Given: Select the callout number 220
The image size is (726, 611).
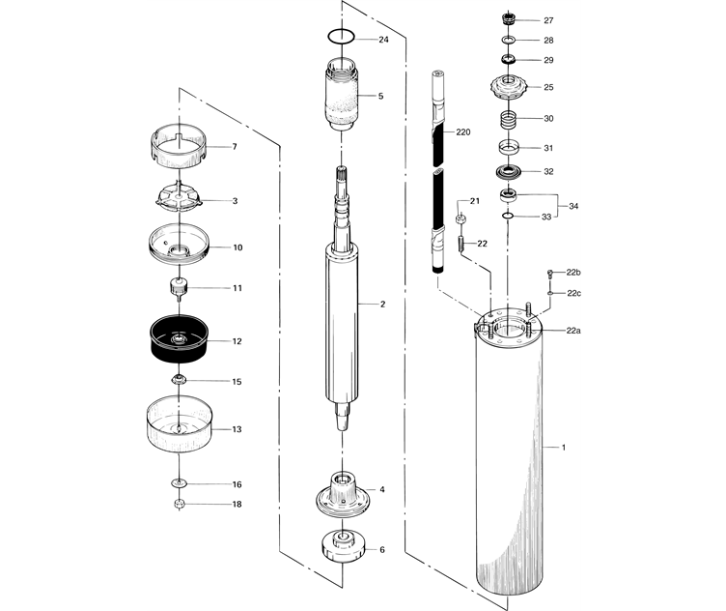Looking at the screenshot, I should coord(463,131).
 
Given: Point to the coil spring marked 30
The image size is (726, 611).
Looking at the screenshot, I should coord(509,121).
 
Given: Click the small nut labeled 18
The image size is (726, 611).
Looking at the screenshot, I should coord(178,504).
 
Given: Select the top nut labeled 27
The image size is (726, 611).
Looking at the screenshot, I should coord(509,19).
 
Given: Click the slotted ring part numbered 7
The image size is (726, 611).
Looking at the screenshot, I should coord(181,147).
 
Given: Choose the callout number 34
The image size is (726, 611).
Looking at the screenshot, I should coord(573,207).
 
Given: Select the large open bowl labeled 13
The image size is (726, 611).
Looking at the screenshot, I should coord(179,427).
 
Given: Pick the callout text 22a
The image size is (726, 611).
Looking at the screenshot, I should coord(573,331).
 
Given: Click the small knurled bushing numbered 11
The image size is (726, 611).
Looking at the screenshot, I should coord(178,288).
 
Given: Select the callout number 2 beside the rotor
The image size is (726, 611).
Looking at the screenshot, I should coord(382,305).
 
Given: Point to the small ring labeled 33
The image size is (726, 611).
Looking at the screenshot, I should coord(509,217).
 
